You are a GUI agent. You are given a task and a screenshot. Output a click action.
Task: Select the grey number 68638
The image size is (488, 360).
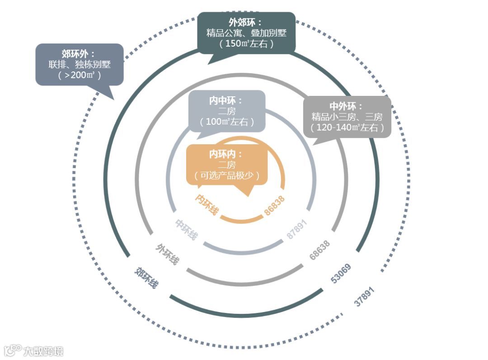pos(319,250)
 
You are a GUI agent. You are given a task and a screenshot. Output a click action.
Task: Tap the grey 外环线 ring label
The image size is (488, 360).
pos(168,254)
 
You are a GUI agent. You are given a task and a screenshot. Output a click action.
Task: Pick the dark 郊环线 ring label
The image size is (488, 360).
pos(147,278)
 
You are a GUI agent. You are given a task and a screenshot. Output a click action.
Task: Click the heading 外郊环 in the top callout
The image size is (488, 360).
pos(246,22)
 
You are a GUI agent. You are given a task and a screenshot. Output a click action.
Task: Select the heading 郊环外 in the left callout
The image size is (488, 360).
pos(79,53)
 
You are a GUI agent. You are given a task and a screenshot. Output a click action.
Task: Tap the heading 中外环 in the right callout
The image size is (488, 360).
pos(347,106)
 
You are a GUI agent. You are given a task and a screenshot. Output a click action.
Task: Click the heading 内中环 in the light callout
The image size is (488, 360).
pos(226,100)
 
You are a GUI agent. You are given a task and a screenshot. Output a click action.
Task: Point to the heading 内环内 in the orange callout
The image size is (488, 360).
pos(226,154)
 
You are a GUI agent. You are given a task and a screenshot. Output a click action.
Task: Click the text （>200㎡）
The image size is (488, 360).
pos(79,75)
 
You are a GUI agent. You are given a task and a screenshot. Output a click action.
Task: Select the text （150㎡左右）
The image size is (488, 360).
pos(246,44)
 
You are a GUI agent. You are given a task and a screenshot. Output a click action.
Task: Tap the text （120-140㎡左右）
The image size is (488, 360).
pos(347,128)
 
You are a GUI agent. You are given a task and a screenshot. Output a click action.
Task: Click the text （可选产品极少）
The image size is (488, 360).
pos(227,176)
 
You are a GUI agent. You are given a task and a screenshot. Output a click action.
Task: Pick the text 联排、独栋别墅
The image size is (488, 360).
pos(80,64)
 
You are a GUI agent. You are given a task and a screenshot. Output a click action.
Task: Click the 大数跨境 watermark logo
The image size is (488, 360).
pos(34,351)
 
